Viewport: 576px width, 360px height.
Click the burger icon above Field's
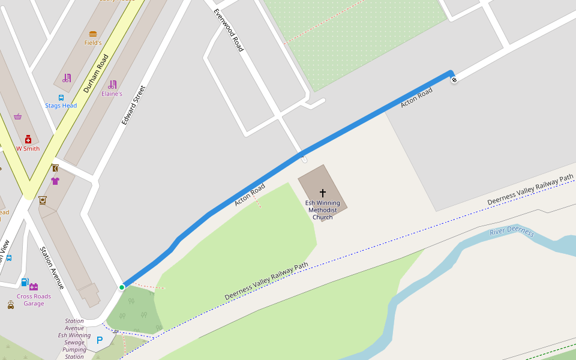[93, 34]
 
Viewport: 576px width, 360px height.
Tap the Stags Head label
[61, 106]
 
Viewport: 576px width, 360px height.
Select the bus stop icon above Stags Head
[61, 97]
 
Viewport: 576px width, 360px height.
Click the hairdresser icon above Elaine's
[112, 85]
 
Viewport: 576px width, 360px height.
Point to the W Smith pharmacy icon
[28, 139]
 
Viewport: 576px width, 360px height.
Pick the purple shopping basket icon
[18, 116]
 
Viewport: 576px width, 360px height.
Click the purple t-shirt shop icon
[55, 181]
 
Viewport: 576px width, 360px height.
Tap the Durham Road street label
[96, 74]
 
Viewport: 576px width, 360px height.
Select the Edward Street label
[133, 106]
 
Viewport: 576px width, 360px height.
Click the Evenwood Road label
[229, 30]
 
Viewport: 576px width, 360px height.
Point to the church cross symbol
[323, 193]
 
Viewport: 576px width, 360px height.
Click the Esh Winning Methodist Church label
[323, 210]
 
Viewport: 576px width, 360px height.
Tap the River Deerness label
[511, 231]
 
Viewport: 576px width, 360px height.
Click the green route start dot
[122, 287]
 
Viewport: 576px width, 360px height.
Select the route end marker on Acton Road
[454, 79]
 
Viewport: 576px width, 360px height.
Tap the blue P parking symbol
[100, 340]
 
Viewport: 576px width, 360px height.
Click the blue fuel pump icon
[25, 281]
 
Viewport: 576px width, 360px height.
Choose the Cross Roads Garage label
[34, 300]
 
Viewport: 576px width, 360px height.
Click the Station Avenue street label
[52, 268]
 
